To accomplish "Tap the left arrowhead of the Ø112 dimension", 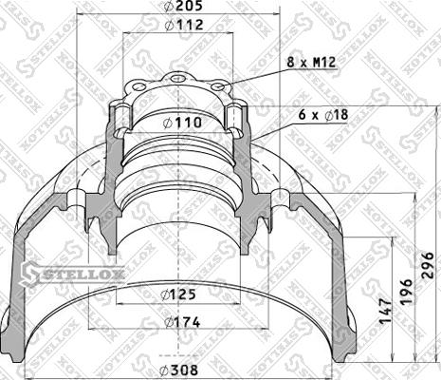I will [124, 33].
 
